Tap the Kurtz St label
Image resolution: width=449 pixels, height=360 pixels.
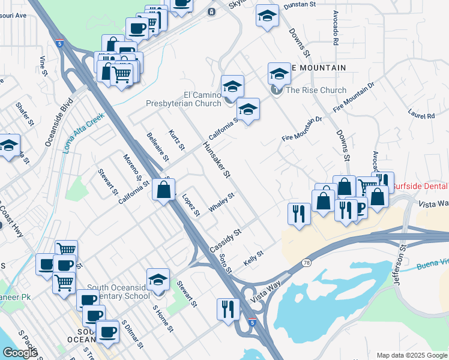[176, 139]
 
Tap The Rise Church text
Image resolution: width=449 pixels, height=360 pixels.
[316, 91]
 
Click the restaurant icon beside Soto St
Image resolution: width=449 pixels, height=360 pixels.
[228, 309]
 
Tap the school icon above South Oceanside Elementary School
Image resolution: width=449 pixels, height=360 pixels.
[158, 280]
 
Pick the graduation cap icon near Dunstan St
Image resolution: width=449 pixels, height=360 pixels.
[268, 16]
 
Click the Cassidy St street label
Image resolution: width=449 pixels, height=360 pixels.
[225, 240]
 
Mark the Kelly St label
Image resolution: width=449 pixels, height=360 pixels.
[254, 259]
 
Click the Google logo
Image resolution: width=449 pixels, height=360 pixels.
[19, 353]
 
